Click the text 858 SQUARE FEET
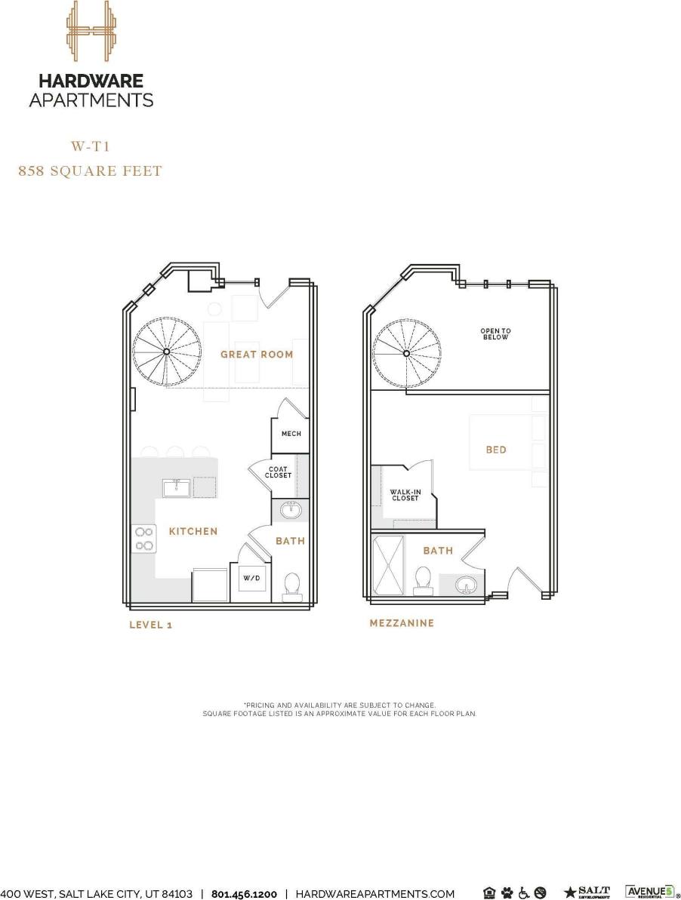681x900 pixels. click(90, 171)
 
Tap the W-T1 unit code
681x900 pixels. click(91, 146)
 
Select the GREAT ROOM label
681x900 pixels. click(257, 354)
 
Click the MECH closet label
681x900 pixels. click(291, 434)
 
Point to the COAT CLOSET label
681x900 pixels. click(278, 472)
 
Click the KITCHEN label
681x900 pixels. click(193, 531)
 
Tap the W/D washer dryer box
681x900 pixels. click(251, 579)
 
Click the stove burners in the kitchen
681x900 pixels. click(143, 539)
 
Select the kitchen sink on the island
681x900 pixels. click(177, 487)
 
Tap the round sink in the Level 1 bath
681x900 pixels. click(291, 511)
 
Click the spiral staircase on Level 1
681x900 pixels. click(166, 352)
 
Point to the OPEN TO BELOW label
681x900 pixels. click(495, 333)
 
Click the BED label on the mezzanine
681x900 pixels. click(496, 450)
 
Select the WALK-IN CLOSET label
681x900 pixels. click(405, 495)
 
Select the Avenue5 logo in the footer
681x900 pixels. click(648, 892)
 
